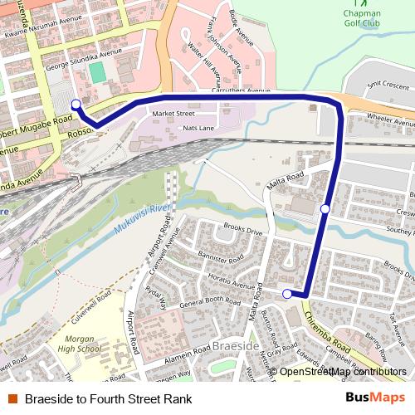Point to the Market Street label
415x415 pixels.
(173, 113)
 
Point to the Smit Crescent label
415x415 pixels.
(388, 84)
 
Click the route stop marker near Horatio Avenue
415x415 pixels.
(287, 294)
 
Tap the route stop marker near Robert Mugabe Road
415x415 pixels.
(76, 104)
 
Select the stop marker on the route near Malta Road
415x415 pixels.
(325, 208)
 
